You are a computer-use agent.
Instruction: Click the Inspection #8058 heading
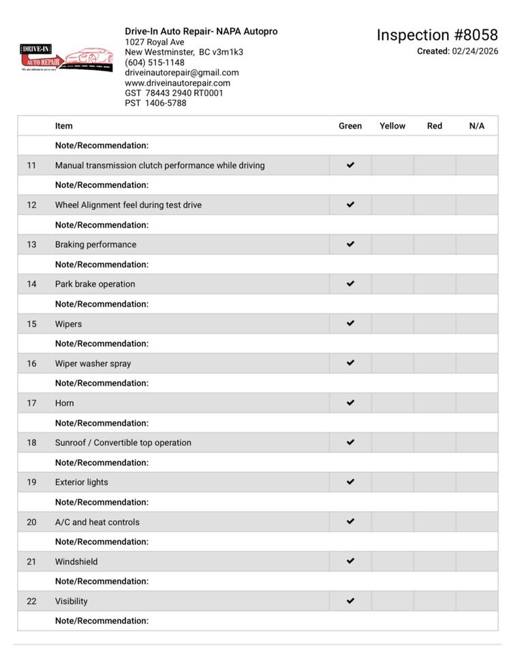pos(437,35)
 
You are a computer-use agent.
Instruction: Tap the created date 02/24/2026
pos(475,51)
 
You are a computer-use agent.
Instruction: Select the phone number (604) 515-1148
pos(155,63)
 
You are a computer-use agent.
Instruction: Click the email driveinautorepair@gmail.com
pos(182,73)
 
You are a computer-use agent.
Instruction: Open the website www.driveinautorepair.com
pos(178,83)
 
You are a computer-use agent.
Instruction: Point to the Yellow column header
pos(392,126)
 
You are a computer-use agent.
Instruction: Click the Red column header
pos(435,126)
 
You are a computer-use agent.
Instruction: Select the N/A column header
pos(477,126)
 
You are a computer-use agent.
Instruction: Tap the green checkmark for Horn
pos(350,403)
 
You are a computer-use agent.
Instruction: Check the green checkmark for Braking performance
pos(350,244)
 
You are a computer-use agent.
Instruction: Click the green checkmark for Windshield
pos(350,561)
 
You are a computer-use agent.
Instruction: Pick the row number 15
pos(32,324)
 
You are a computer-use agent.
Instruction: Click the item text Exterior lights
pos(82,482)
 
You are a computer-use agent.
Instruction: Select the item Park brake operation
pos(95,284)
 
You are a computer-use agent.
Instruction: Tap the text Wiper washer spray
pos(93,364)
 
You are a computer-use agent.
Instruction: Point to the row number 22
pos(32,602)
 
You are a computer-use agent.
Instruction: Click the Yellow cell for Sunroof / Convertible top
pos(392,443)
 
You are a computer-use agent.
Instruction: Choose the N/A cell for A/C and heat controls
pos(477,522)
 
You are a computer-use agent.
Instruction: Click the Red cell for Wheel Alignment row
pos(435,205)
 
